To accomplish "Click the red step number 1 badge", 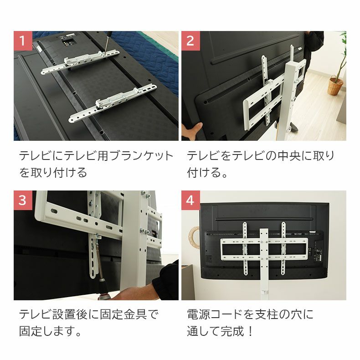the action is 23,41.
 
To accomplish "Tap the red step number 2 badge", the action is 190,41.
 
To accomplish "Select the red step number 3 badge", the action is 23,200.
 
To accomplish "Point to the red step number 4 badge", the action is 190,200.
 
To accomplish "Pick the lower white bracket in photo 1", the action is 113,104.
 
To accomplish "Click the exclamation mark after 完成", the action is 251,331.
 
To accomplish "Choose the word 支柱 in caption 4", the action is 266,314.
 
